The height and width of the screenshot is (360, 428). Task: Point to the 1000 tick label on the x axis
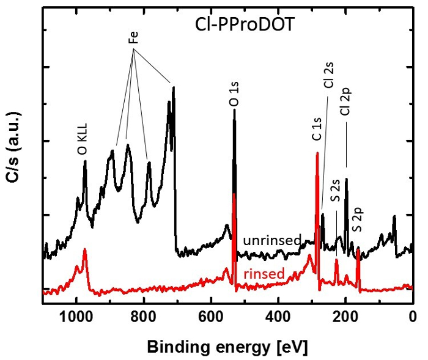click(76, 317)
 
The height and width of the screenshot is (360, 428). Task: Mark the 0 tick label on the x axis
click(413, 317)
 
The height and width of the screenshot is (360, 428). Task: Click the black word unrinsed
click(271, 240)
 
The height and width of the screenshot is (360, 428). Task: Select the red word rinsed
click(264, 274)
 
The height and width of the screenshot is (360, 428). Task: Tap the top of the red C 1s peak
click(317, 153)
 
